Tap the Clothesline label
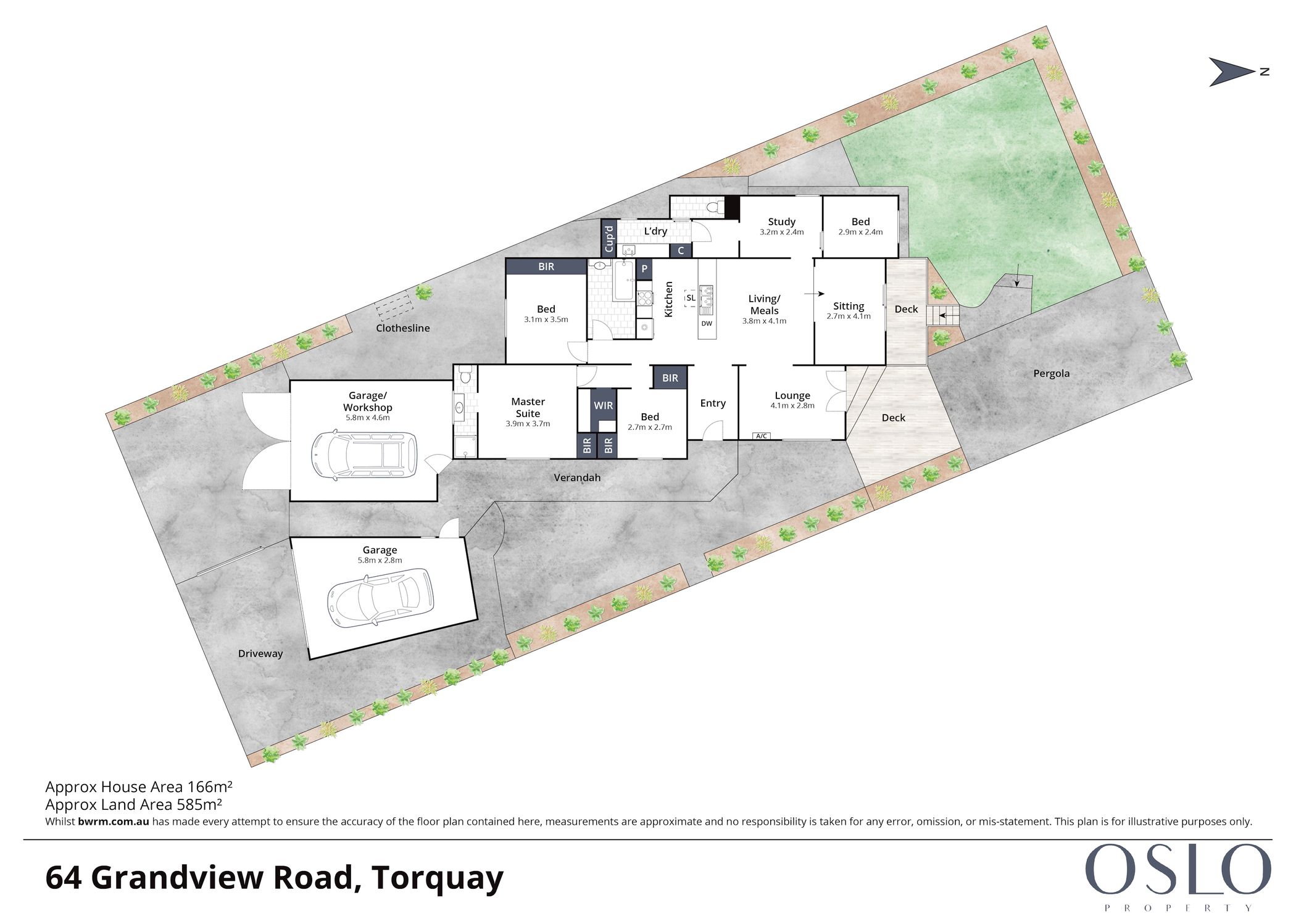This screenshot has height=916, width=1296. (402, 328)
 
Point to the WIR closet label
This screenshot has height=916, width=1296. (603, 405)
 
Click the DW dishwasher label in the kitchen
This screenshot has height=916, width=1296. (707, 323)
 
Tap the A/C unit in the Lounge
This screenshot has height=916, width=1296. (762, 436)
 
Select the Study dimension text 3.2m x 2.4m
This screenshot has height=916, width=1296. (781, 233)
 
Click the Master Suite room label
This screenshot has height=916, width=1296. (528, 407)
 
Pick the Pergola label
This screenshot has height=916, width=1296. (1051, 373)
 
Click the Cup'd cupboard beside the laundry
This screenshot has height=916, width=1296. (609, 238)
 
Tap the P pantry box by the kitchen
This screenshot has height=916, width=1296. (644, 269)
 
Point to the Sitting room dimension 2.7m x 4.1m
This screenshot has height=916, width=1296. (849, 316)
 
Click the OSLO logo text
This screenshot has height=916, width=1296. (1178, 869)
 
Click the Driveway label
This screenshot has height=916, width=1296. (260, 654)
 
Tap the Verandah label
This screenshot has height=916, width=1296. (577, 477)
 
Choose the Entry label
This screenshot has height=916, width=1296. (713, 403)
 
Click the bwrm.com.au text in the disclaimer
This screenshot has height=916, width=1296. (114, 822)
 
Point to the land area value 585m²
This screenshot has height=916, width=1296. (199, 804)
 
